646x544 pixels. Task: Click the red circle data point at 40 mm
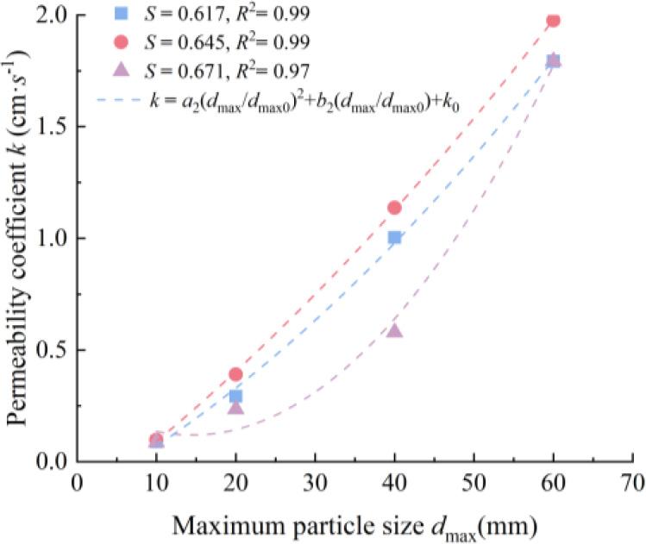[394, 208]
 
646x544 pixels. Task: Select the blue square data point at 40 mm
[394, 237]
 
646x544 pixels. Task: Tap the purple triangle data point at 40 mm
[394, 329]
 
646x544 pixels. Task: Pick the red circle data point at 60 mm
[553, 20]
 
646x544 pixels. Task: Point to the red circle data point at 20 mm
[235, 374]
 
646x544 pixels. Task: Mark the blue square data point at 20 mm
[235, 397]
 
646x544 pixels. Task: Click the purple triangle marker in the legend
[122, 69]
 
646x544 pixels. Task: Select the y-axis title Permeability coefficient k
[18, 233]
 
